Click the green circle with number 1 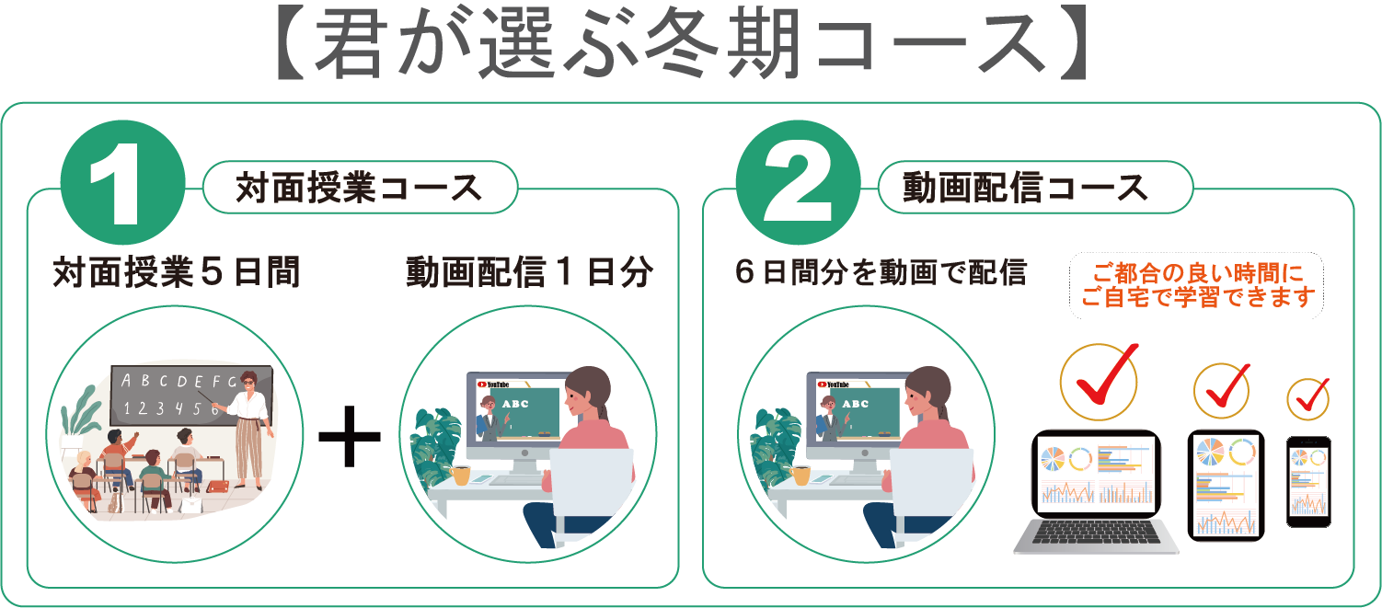(x=122, y=182)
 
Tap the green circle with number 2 (x=799, y=182)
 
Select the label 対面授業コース (x=359, y=188)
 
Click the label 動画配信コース (x=1025, y=188)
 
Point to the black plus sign (x=350, y=436)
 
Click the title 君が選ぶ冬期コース (x=681, y=44)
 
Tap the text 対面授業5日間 (x=177, y=272)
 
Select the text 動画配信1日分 (x=529, y=272)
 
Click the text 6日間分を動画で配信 (x=881, y=272)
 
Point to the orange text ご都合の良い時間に (x=1198, y=272)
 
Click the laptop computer (x=1096, y=491)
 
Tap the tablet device (x=1226, y=486)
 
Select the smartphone (x=1308, y=482)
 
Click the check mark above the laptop (x=1101, y=377)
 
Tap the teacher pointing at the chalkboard (x=250, y=430)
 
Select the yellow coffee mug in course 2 (x=800, y=476)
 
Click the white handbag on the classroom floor (x=192, y=504)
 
